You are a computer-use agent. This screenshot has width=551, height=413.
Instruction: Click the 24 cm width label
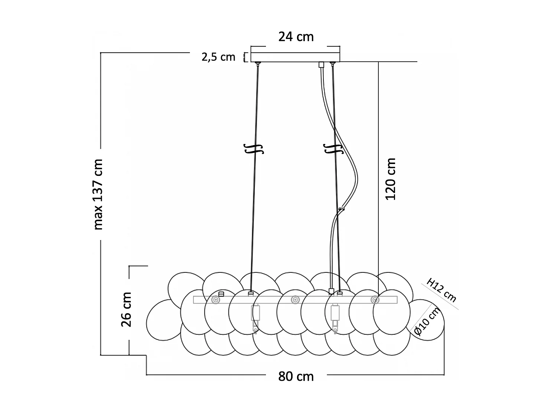pos(296,37)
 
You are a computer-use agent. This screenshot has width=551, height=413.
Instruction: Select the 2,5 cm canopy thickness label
pos(218,57)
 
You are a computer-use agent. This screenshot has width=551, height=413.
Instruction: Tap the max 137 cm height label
pos(98,194)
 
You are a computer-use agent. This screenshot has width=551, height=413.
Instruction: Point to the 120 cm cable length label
pos(391,179)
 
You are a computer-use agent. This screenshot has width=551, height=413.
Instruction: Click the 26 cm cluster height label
pos(127,309)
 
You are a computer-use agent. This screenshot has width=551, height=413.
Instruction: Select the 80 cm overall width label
pos(296,376)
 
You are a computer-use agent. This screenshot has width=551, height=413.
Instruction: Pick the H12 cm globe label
pos(441,290)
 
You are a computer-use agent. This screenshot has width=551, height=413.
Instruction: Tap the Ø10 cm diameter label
pos(427,322)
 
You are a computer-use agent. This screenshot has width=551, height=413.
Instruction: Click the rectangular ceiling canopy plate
pos(295,54)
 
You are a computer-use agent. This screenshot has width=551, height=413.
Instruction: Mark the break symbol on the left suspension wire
pos(254,148)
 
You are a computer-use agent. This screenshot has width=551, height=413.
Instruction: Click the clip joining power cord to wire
pos(341,210)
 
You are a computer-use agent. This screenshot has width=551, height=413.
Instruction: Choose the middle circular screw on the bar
pos(295,299)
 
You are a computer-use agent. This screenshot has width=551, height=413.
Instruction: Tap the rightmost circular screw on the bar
pos(375,299)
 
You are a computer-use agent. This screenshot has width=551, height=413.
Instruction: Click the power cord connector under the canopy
pos(322,65)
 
